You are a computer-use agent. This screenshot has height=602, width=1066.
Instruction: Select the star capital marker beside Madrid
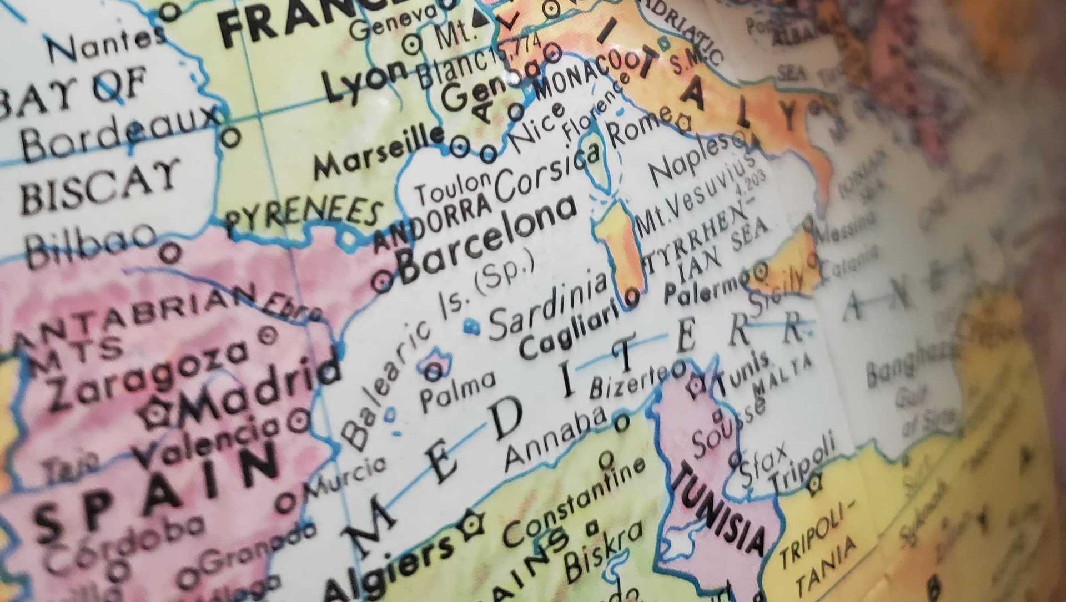154,413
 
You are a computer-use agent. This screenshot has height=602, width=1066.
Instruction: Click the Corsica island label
547,172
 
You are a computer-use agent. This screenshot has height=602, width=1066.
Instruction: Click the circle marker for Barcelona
383,281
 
